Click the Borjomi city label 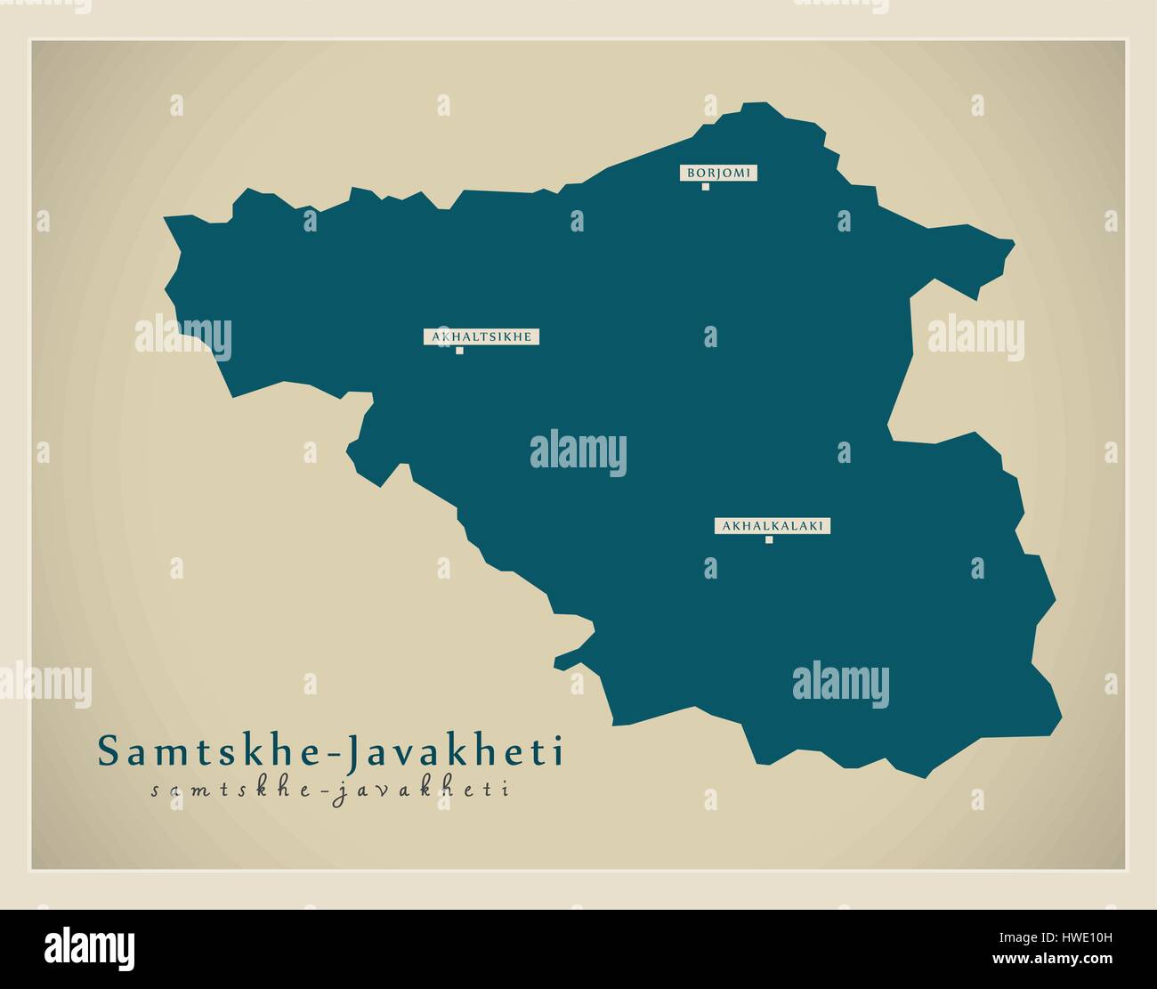point(720,174)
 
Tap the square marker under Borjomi point(705,187)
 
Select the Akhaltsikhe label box point(481,336)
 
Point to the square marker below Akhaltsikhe point(459,350)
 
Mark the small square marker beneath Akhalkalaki point(769,539)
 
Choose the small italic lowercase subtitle point(329,790)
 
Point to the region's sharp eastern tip point(1014,240)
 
